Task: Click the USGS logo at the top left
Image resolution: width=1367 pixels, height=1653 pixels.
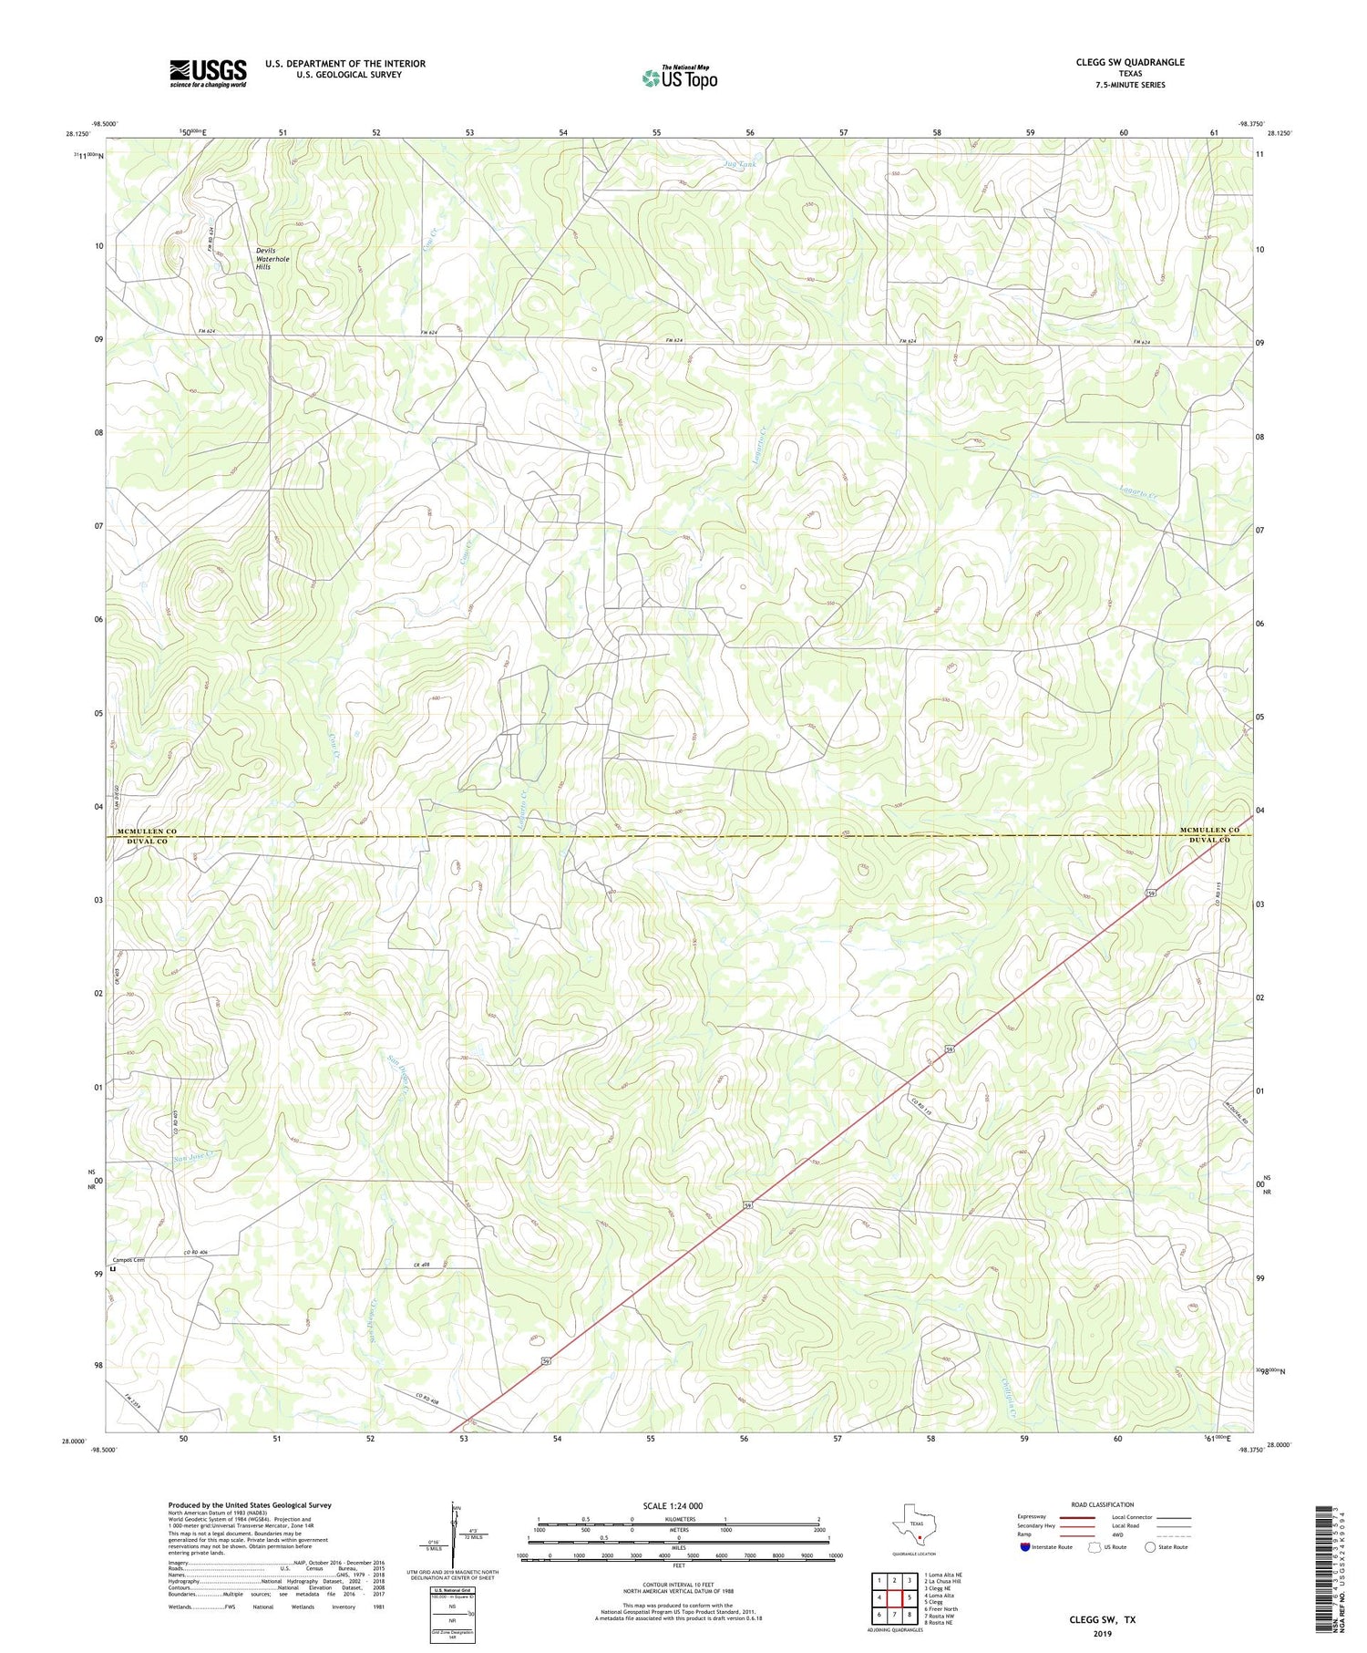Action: click(x=208, y=73)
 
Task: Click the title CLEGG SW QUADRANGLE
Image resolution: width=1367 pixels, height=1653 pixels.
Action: click(x=1130, y=62)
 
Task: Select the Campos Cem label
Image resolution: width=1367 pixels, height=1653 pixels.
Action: click(x=128, y=1259)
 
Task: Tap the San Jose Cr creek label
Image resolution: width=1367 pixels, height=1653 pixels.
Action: click(x=197, y=1156)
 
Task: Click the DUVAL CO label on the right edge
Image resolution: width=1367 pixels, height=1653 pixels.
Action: click(x=1208, y=840)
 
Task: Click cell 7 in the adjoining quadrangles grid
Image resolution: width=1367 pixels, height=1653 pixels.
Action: click(x=894, y=1615)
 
